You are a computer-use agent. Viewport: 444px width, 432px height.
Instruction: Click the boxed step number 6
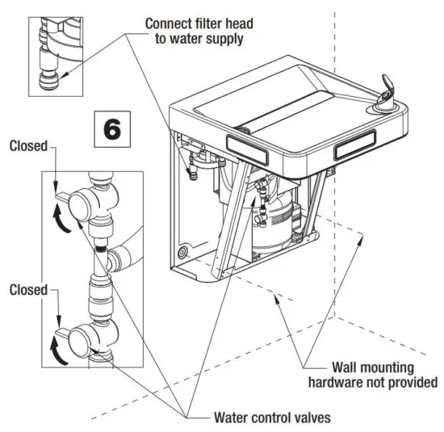tap(113, 130)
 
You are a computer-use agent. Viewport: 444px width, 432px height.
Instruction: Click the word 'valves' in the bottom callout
tap(308, 417)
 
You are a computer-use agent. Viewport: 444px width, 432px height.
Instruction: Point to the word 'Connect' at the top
tap(170, 22)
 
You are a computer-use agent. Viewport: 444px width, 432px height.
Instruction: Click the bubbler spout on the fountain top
tap(388, 96)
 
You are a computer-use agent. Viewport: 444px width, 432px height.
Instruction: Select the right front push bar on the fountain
tap(355, 148)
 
